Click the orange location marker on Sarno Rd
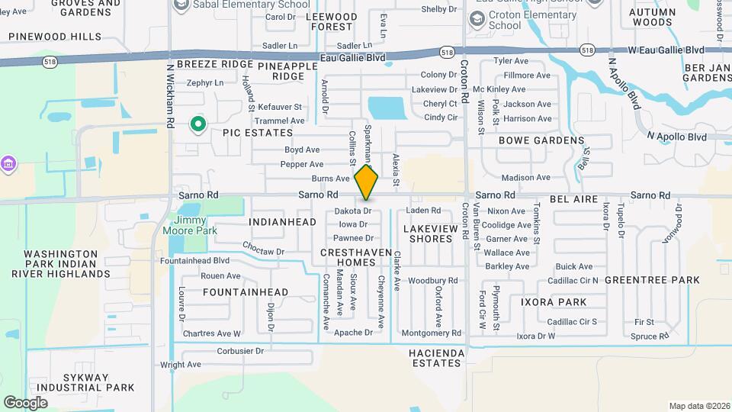(367, 182)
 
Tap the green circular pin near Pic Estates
(198, 123)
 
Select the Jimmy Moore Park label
(191, 225)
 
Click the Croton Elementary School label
(515, 20)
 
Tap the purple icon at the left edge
(8, 163)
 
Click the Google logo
(25, 402)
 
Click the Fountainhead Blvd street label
(195, 261)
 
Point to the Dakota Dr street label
(353, 211)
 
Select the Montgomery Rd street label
(431, 333)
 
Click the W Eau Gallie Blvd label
(666, 50)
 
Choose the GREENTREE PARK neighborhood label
(652, 280)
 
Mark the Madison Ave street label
(526, 178)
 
